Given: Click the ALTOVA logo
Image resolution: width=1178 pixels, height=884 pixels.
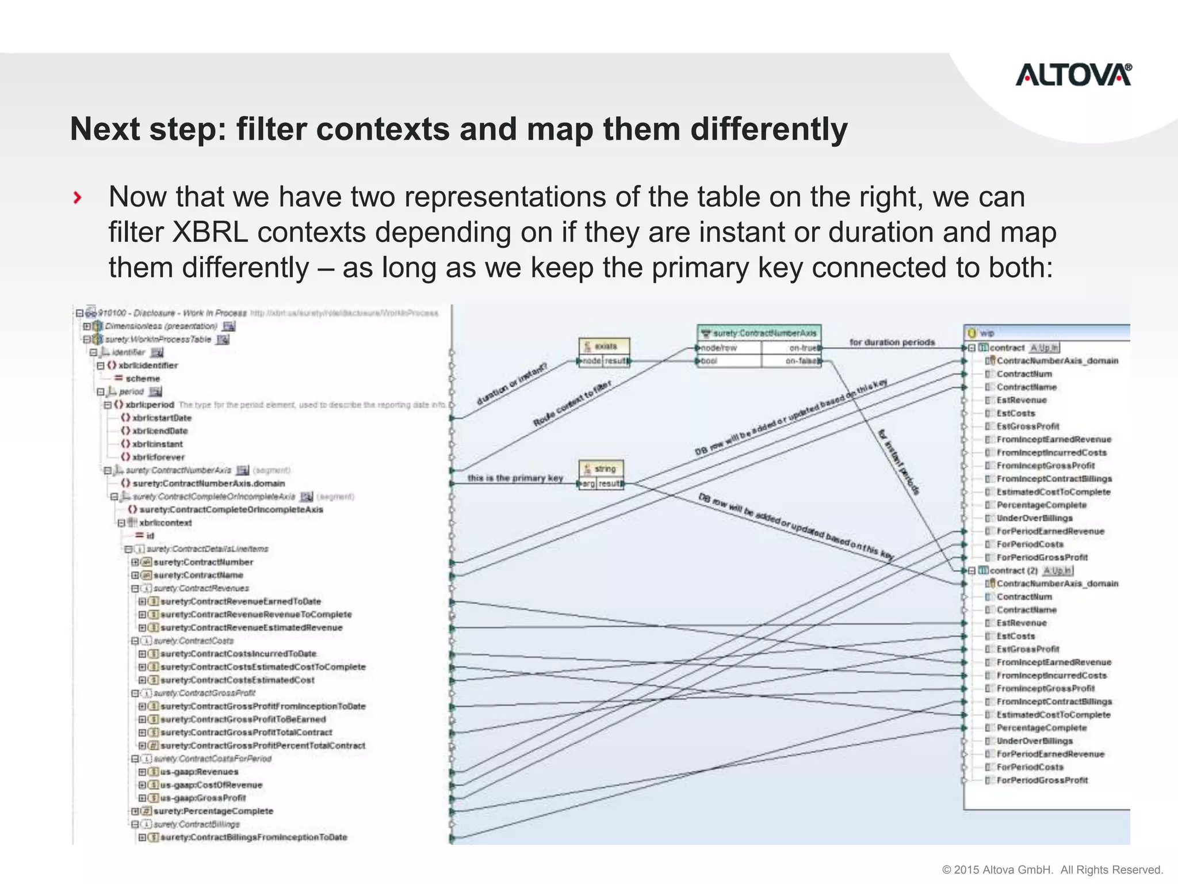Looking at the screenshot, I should pos(1073,75).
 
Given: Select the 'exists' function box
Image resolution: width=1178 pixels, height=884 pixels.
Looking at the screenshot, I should pos(604,346).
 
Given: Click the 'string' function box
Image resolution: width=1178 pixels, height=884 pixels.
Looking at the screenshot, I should pos(601,469).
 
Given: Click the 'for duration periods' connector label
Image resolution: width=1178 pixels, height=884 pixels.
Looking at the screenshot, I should pos(892,342).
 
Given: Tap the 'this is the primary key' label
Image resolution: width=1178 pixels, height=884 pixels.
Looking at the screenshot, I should pos(515,478).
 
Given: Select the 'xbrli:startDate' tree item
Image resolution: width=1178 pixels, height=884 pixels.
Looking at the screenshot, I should pos(162,418).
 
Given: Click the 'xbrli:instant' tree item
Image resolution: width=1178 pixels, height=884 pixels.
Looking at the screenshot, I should pos(157,444).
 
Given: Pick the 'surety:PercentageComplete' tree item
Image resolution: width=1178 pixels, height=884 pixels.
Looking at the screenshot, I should pos(213,811).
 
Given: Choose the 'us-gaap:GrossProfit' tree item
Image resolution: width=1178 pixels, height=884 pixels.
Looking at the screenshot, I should pos(202,798).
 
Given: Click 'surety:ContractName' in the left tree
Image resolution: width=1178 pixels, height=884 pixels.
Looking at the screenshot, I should pos(198,576).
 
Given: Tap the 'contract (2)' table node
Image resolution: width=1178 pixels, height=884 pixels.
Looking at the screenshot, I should pos(1013,571).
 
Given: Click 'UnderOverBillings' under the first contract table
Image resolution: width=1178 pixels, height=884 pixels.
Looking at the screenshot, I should pos(1034,519).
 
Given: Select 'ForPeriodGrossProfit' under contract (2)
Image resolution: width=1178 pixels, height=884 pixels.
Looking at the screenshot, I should pos(1042,781).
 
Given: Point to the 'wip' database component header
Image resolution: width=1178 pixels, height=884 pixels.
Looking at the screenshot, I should pos(987,333).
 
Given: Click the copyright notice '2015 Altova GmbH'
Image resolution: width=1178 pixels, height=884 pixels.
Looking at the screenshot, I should pos(1052,870).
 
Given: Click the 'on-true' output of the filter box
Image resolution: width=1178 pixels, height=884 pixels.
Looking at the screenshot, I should pos(803,348).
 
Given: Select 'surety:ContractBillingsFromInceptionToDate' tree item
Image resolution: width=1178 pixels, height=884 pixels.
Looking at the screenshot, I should pos(253,837).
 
